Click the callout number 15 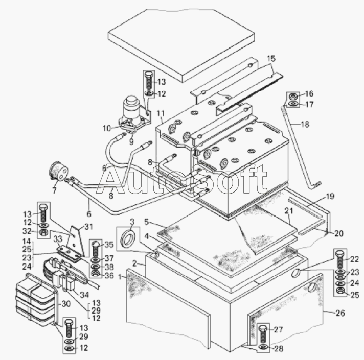coord(271,59)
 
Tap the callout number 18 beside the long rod coord(305,124)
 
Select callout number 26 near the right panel coord(340,313)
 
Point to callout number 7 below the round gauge coord(54,190)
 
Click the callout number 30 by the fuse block coord(66,304)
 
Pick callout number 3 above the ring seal coord(132,222)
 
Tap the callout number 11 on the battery coord(161,113)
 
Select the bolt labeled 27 coord(263,334)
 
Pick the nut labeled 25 coord(339,291)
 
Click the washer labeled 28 coord(263,347)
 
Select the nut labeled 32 coord(43,232)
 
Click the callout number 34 coord(84,295)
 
